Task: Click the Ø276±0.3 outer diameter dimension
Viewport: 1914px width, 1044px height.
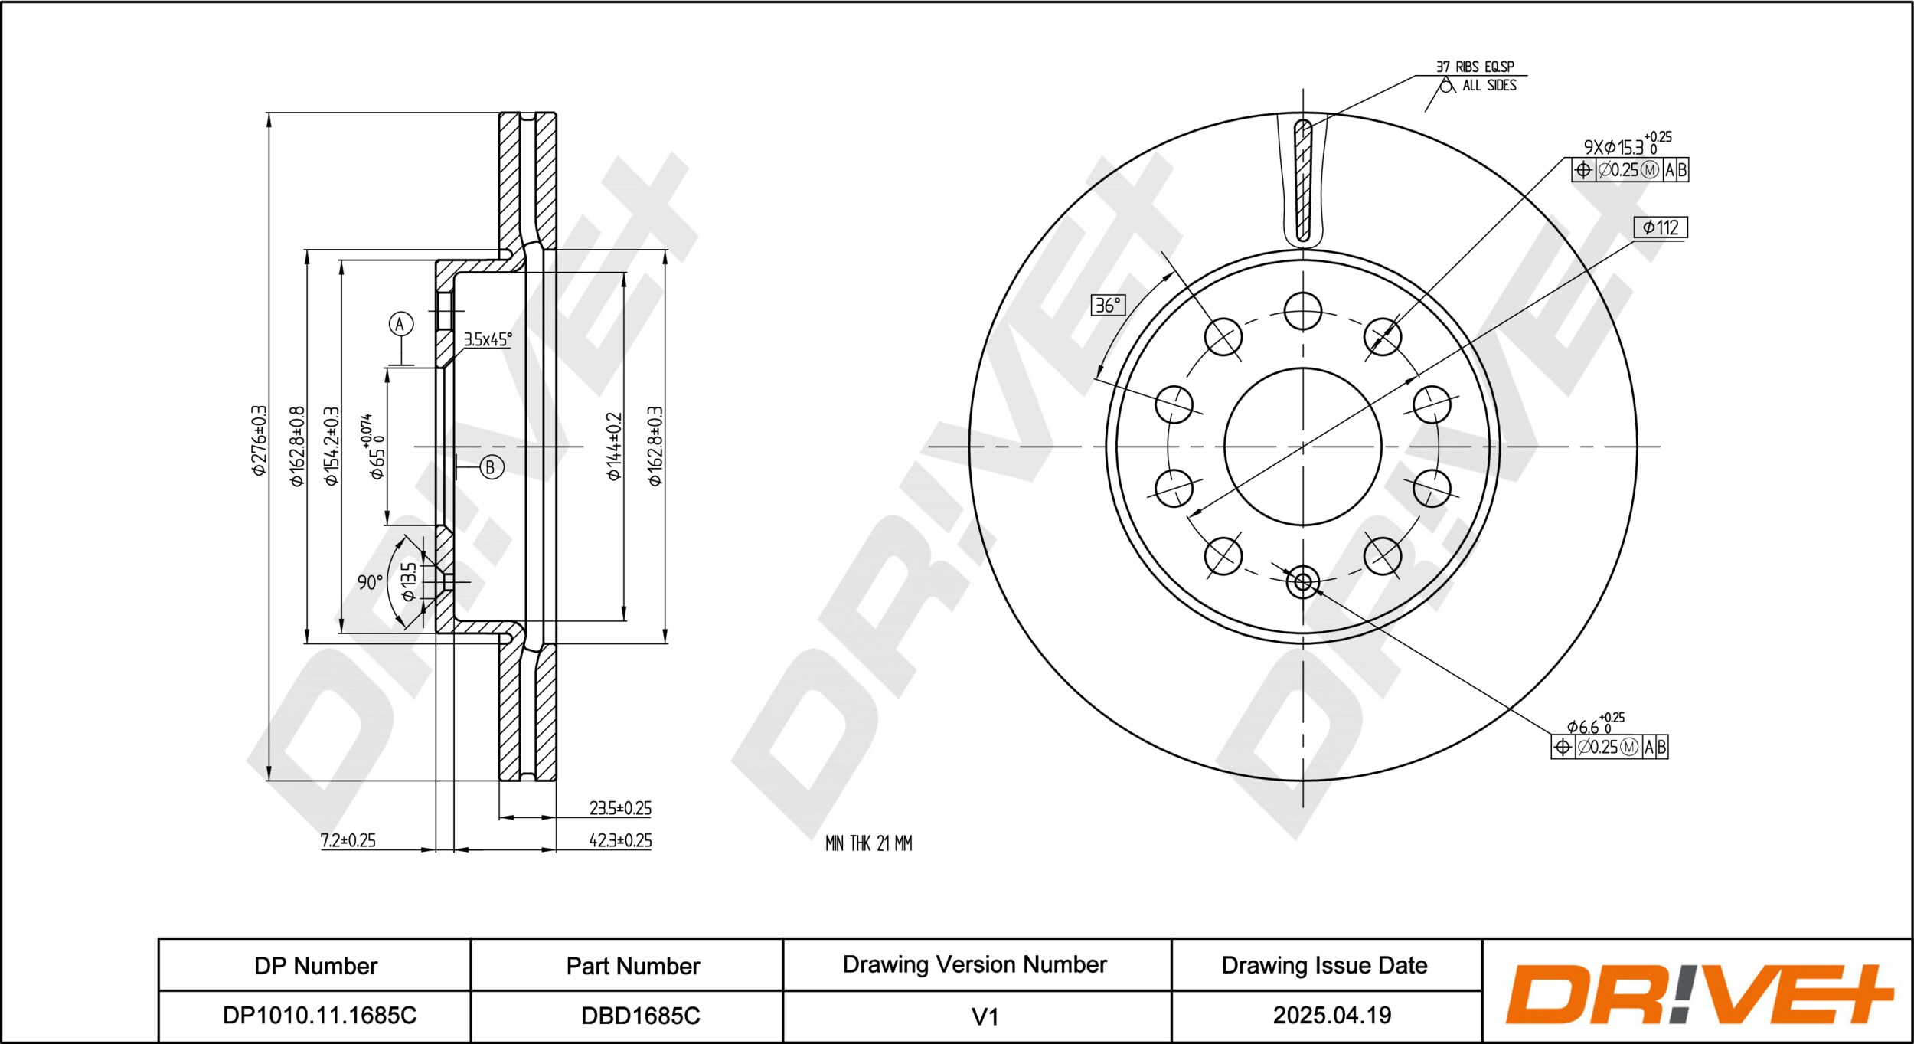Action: (x=260, y=440)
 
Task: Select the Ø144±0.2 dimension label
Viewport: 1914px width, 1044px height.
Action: (x=614, y=447)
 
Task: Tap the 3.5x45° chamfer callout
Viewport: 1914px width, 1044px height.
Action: (x=488, y=339)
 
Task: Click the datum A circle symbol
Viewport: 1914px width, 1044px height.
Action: (x=400, y=324)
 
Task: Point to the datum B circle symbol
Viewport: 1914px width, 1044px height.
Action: (x=492, y=467)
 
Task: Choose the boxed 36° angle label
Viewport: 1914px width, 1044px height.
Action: (x=1108, y=305)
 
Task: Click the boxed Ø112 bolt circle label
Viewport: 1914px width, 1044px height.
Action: (x=1660, y=227)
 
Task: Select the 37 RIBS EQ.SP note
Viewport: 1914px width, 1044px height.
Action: (x=1475, y=67)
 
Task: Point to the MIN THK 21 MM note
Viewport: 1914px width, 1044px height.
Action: (x=868, y=843)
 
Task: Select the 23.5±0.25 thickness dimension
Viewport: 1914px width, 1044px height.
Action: (x=620, y=808)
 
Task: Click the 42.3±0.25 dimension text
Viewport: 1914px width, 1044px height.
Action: (x=620, y=840)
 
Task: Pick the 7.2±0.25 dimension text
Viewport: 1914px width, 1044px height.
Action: (x=348, y=840)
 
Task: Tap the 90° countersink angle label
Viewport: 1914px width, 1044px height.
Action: (x=370, y=582)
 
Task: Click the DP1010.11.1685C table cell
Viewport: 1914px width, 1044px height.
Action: (x=319, y=1016)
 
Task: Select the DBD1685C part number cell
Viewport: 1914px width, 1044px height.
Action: (x=640, y=1016)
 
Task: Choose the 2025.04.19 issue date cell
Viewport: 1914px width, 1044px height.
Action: (x=1331, y=1016)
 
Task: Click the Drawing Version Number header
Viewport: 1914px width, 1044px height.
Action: (x=975, y=964)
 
